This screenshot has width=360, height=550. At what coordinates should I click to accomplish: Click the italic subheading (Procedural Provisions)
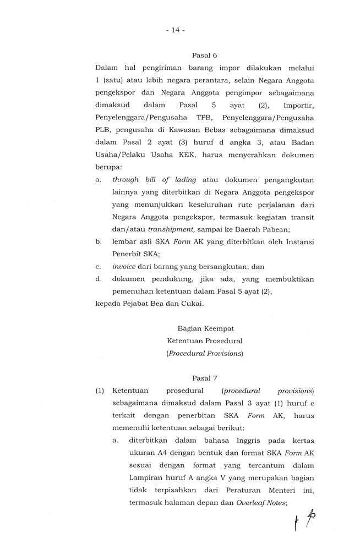point(204,354)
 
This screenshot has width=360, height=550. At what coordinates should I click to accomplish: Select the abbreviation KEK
point(178,155)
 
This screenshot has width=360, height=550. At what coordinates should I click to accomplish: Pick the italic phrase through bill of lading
point(150,179)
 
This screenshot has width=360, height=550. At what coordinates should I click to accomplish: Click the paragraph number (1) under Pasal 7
point(100,391)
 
